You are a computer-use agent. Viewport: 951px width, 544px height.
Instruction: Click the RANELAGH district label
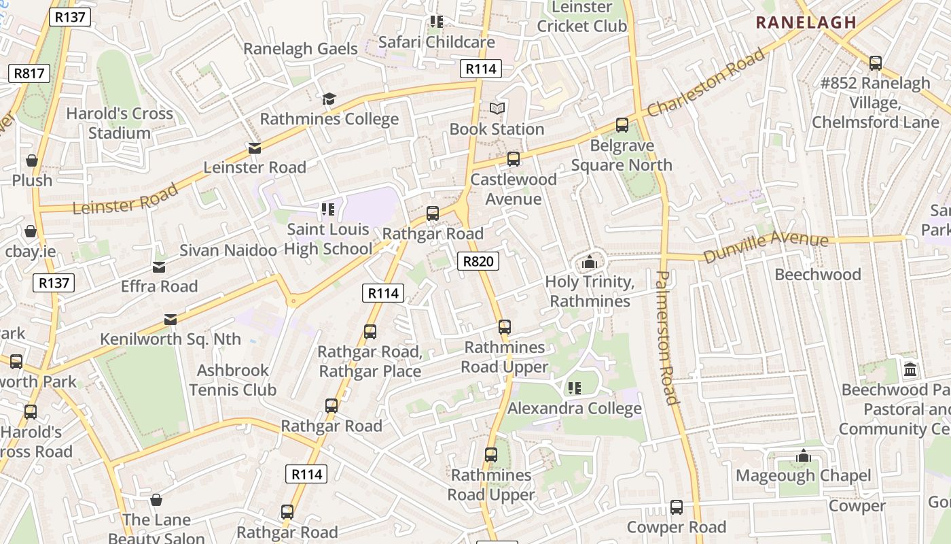coord(806,22)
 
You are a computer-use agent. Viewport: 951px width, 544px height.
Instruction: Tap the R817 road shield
coord(29,73)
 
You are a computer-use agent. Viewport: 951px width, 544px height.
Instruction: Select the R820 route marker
coord(478,261)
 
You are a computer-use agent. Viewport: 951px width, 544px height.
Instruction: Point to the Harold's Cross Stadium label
coord(120,123)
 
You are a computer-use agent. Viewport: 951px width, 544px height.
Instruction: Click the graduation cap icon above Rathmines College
coord(329,99)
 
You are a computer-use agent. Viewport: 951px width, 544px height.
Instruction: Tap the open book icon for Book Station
coord(497,109)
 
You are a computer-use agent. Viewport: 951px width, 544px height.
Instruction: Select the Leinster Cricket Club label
coord(581,17)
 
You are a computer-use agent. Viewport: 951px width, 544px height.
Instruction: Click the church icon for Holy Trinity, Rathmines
coord(590,262)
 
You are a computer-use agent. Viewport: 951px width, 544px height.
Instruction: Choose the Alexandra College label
coord(574,409)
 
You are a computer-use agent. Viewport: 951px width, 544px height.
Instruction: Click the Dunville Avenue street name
coord(766,247)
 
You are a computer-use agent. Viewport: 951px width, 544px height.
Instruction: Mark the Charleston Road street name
coord(706,82)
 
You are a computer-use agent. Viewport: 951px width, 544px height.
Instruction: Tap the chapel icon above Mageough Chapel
coord(804,456)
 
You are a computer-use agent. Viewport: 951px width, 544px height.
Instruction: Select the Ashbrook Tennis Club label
coord(233,380)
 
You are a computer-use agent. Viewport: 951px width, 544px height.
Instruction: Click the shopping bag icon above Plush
coord(32,161)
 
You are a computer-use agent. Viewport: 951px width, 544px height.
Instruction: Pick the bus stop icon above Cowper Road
coord(677,507)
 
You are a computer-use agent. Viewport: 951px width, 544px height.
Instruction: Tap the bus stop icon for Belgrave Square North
coord(622,125)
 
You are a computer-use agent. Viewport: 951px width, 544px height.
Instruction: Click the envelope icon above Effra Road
coord(159,267)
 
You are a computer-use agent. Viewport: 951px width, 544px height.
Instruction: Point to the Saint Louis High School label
coord(328,239)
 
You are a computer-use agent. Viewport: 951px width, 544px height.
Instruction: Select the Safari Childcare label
coord(436,42)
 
